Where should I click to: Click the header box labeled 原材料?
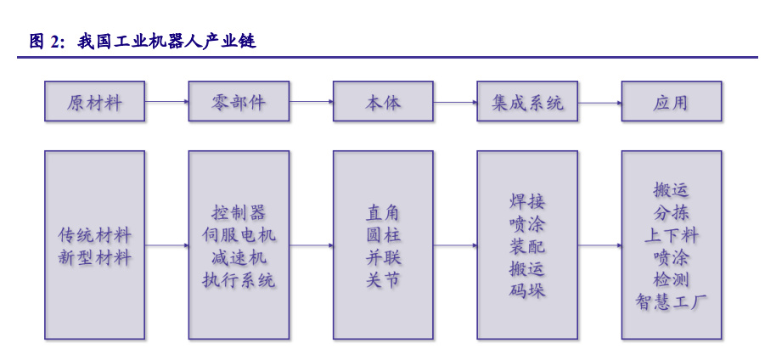coord(94,101)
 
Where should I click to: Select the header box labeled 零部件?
coord(239,101)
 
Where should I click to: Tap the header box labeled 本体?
coord(383,101)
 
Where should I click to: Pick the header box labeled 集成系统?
coord(527,101)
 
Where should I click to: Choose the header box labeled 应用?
coord(672,101)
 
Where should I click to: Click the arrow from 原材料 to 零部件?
coord(167,102)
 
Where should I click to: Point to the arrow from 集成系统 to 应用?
coord(599,103)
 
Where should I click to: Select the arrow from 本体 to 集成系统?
coord(455,103)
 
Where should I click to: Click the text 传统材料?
coord(94,235)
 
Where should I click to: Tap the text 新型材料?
coord(94,256)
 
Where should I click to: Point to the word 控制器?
coord(239,212)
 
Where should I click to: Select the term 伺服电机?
coord(239,234)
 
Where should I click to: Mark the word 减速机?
coord(239,257)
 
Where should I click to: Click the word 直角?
coord(383,212)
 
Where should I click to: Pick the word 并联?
coord(383,257)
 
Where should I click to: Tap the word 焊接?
coord(527,201)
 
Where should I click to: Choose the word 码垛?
coord(527,290)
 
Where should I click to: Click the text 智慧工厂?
coord(672,302)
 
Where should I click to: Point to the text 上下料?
coord(672,235)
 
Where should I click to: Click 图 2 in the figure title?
coord(44,42)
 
